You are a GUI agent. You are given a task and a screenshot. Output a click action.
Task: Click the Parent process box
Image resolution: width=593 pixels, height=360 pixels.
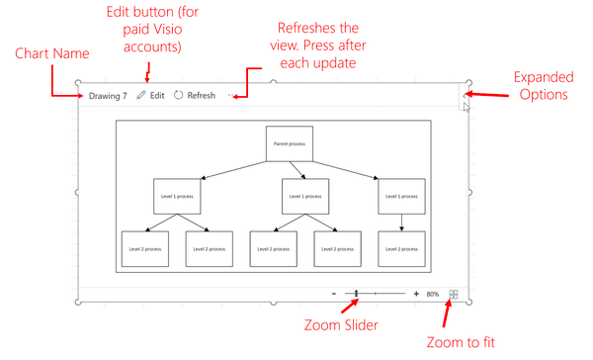point(289,143)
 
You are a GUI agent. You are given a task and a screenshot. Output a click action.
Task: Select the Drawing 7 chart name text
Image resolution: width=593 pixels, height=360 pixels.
point(108,95)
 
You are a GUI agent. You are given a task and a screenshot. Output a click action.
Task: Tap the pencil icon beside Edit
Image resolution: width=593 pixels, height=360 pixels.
point(141,95)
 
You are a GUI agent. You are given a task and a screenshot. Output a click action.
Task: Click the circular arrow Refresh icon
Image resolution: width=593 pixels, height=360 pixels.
point(178,95)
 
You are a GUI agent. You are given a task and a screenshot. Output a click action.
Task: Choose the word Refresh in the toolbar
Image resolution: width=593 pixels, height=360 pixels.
point(201,95)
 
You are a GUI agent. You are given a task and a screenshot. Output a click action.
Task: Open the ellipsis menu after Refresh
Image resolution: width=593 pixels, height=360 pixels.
point(231,95)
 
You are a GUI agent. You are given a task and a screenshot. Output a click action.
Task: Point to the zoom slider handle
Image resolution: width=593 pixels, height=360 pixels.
point(356,294)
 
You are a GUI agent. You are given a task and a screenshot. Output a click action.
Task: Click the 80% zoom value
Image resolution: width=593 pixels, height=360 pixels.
point(433,294)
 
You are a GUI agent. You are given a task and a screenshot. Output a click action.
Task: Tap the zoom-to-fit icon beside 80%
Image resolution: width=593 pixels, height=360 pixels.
point(454,294)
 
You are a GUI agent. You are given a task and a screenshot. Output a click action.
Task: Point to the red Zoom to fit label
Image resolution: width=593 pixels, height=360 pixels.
point(459,342)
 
